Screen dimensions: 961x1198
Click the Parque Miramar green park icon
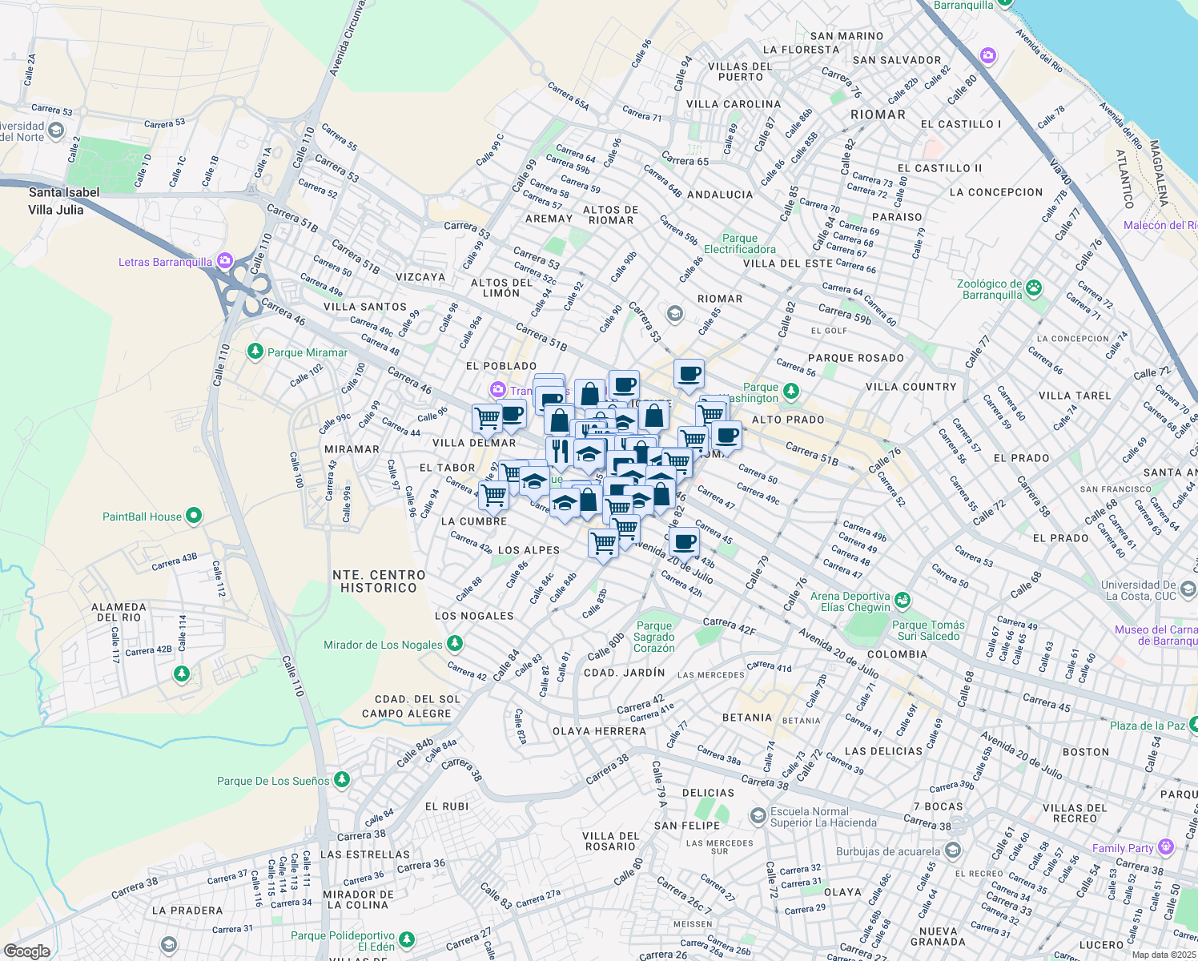click(x=255, y=352)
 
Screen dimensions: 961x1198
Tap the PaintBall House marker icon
click(x=194, y=517)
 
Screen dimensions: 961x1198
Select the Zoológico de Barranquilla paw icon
click(x=1034, y=287)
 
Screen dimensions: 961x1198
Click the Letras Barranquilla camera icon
click(x=224, y=261)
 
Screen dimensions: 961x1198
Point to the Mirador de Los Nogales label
click(x=383, y=645)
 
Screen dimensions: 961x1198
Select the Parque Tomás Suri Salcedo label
click(x=928, y=630)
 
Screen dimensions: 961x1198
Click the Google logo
click(x=26, y=951)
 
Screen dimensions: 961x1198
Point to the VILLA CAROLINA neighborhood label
click(x=734, y=104)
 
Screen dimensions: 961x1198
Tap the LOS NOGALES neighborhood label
click(x=474, y=616)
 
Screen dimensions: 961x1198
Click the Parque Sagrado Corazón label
click(x=654, y=637)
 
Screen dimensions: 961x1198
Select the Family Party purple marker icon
click(x=1165, y=846)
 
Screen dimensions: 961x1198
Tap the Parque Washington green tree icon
click(x=791, y=392)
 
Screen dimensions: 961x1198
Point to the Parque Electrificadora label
click(x=739, y=243)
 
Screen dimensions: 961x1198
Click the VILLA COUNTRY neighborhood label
click(x=911, y=387)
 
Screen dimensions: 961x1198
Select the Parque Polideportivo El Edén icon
click(x=407, y=939)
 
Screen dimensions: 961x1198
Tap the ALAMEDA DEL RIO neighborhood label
click(x=119, y=612)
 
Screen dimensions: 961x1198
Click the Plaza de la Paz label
click(x=1147, y=726)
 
